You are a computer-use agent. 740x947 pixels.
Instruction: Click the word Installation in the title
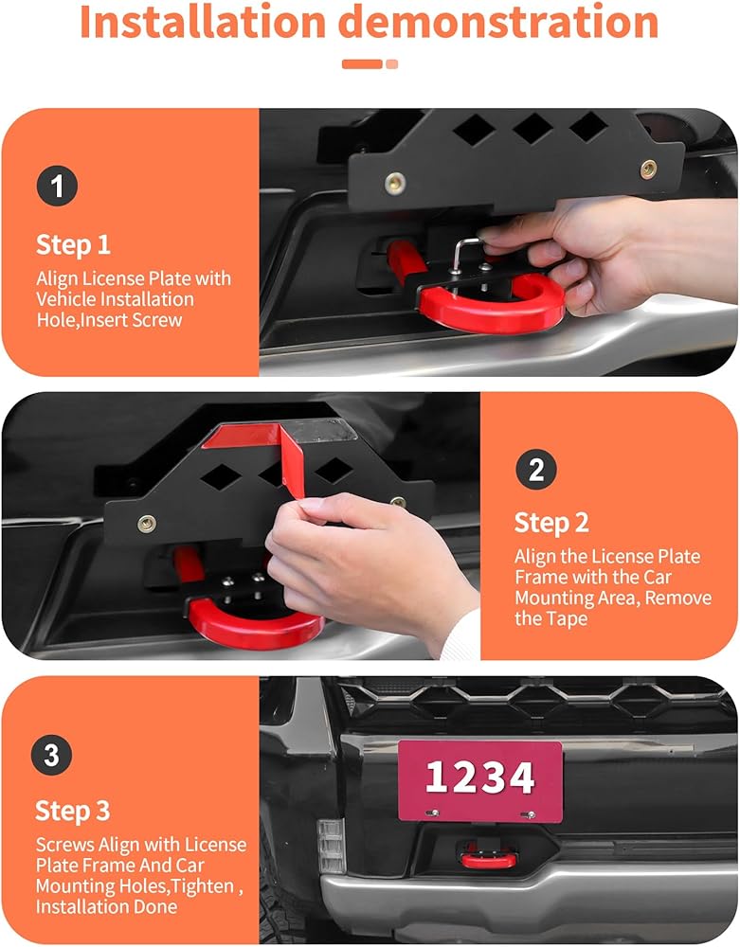click(x=203, y=22)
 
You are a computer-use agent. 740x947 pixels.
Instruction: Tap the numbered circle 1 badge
click(x=57, y=186)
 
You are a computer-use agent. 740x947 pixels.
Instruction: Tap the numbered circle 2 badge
click(x=536, y=470)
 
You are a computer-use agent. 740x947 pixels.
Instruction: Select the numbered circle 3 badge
click(x=51, y=755)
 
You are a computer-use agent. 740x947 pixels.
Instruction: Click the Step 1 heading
click(x=73, y=244)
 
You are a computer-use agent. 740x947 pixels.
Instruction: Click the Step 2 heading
click(x=551, y=523)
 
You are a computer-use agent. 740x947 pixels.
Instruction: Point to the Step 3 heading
click(x=73, y=811)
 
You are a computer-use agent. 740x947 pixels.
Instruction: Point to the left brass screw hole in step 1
click(x=395, y=183)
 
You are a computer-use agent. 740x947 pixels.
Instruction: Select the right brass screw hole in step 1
click(x=649, y=170)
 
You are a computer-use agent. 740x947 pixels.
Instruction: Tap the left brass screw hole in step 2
click(x=146, y=524)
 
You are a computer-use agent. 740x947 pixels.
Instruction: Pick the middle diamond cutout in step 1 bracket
click(x=532, y=128)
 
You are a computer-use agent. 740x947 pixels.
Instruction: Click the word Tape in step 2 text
click(x=568, y=619)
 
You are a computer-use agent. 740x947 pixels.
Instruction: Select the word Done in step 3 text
click(x=155, y=906)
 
